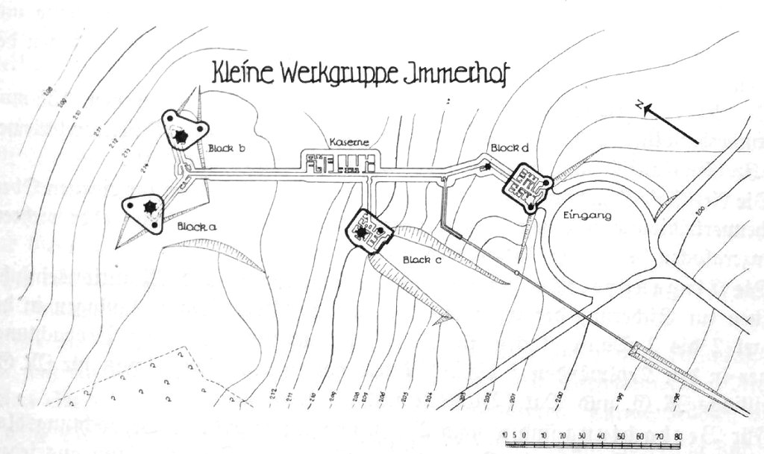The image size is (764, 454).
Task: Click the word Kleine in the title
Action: [244, 75]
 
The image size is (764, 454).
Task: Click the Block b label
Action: [228, 149]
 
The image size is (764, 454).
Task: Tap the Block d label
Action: [509, 148]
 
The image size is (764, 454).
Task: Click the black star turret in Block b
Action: [180, 136]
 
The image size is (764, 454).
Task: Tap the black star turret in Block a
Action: [149, 207]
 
